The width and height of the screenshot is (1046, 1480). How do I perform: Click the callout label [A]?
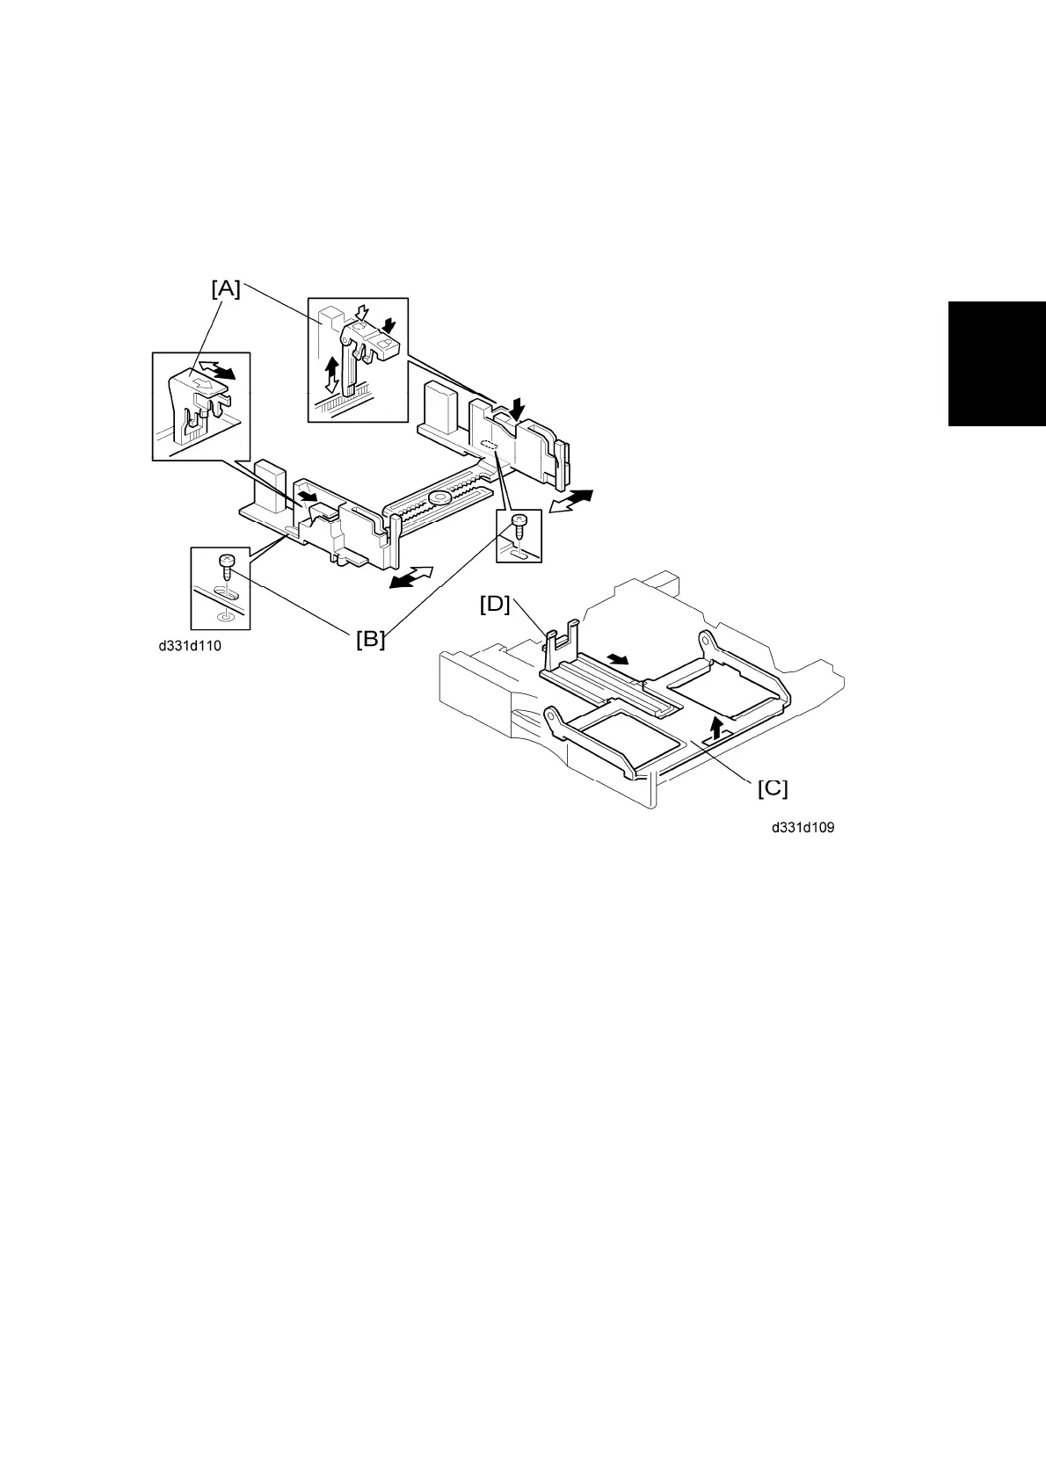226,288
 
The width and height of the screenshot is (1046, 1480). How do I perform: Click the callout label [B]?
370,639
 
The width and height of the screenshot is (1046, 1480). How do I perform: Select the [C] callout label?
773,788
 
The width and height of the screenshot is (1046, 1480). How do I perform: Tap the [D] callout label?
495,605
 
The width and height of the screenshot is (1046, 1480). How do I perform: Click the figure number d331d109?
803,828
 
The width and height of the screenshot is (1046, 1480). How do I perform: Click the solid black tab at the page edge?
997,364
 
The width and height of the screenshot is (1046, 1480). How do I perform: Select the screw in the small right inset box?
519,523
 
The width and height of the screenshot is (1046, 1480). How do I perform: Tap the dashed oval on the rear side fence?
490,446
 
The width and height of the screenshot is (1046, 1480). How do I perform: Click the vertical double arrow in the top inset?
332,374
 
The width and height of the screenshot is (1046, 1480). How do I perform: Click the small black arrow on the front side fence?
307,498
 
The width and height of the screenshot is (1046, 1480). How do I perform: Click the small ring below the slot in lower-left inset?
225,616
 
